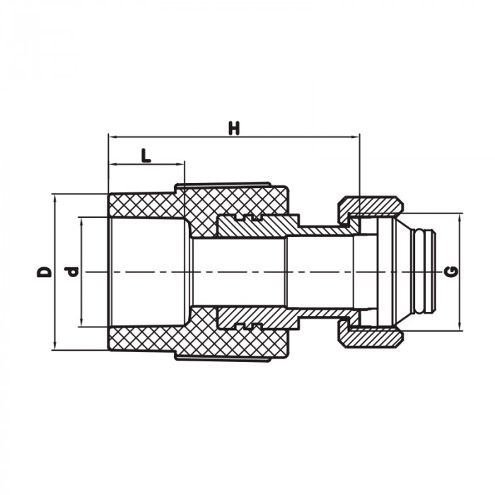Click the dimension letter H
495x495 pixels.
(234, 128)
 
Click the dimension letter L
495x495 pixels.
(146, 156)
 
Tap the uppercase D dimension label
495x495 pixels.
(45, 272)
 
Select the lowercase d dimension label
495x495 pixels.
(71, 272)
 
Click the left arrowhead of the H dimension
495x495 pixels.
(112, 136)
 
